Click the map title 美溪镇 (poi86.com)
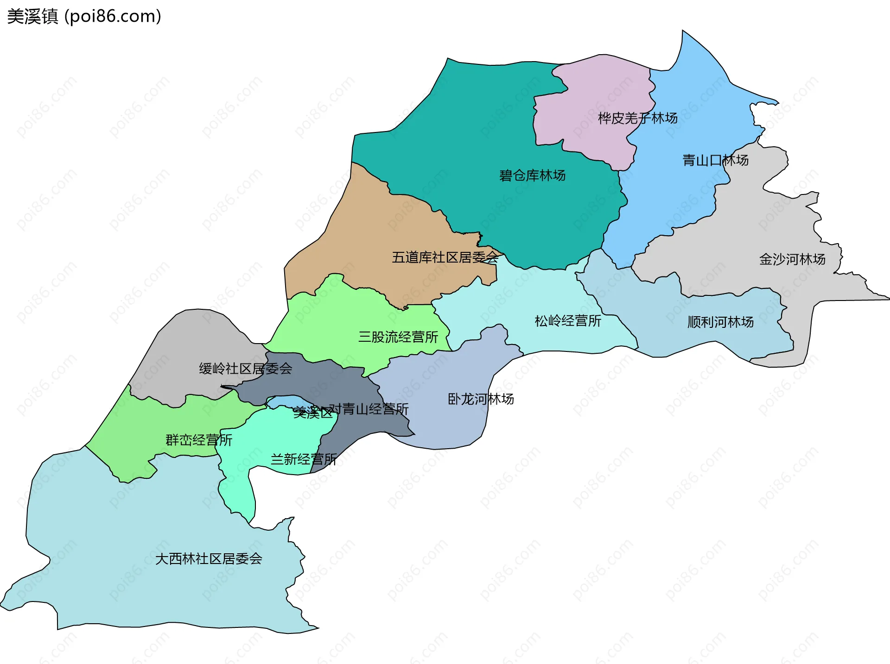click(84, 16)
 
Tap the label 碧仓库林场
click(532, 175)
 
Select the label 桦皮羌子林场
click(637, 118)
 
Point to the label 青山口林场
click(715, 160)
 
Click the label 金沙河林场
click(792, 259)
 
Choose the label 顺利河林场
click(720, 322)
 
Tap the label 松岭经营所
click(568, 321)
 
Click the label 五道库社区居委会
click(445, 257)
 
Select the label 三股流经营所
click(398, 337)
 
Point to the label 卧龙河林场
click(481, 399)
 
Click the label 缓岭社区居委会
click(245, 369)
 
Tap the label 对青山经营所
click(369, 409)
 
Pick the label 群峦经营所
click(199, 440)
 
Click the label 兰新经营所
click(303, 459)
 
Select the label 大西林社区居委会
click(209, 559)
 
